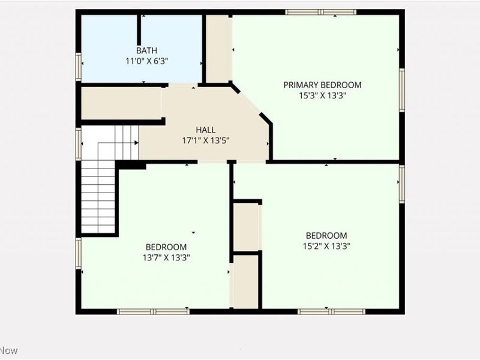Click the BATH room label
(x=146, y=50)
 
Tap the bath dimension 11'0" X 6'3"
(x=146, y=61)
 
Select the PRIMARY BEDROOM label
(x=322, y=85)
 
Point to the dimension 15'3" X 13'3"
(x=322, y=96)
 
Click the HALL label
(x=206, y=130)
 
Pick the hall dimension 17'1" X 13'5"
(x=206, y=141)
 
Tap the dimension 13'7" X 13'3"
(x=166, y=258)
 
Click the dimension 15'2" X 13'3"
(x=326, y=246)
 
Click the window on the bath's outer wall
(x=79, y=67)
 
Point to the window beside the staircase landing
(x=79, y=144)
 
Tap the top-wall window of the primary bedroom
(x=321, y=12)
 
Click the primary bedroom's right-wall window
(x=402, y=91)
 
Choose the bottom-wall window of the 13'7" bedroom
(x=153, y=311)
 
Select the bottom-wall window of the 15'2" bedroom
(x=332, y=311)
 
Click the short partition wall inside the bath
(x=139, y=30)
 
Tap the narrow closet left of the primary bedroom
(x=217, y=49)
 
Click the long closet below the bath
(x=121, y=103)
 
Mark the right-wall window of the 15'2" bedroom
(x=402, y=184)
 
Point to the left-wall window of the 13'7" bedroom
(x=79, y=253)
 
